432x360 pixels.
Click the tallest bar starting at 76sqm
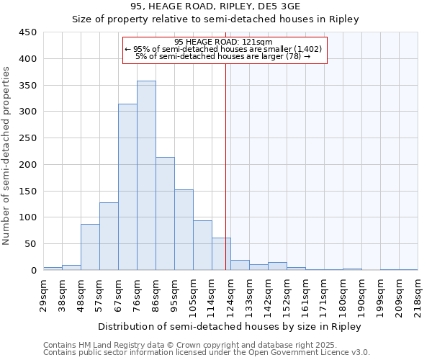(x=146, y=176)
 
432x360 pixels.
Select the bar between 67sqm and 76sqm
(x=127, y=187)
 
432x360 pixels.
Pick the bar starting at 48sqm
(x=90, y=247)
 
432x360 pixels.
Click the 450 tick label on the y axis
(x=28, y=32)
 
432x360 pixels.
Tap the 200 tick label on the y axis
(x=28, y=165)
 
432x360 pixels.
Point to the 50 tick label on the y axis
(x=31, y=244)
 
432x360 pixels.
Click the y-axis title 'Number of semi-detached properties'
(x=7, y=156)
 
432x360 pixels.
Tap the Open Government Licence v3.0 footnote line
(x=207, y=352)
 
